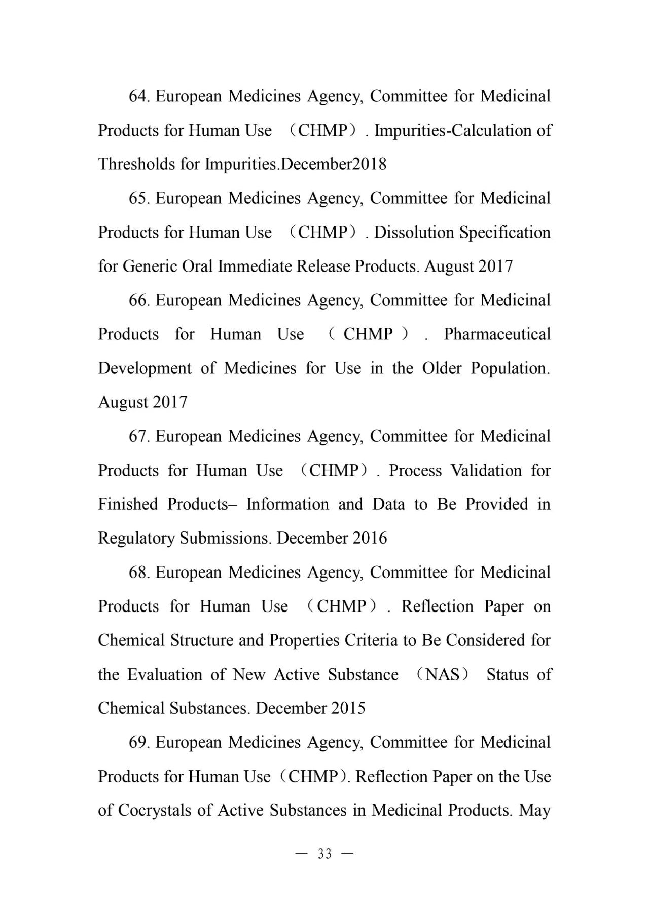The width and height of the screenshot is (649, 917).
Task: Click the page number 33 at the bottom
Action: tap(324, 854)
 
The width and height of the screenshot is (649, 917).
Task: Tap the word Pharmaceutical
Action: tap(497, 334)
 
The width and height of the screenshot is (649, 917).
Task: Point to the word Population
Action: tap(510, 368)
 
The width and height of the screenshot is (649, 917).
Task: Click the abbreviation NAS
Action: tap(442, 675)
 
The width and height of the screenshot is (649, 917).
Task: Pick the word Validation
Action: tap(486, 471)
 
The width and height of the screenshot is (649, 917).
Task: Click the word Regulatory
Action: tap(136, 538)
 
